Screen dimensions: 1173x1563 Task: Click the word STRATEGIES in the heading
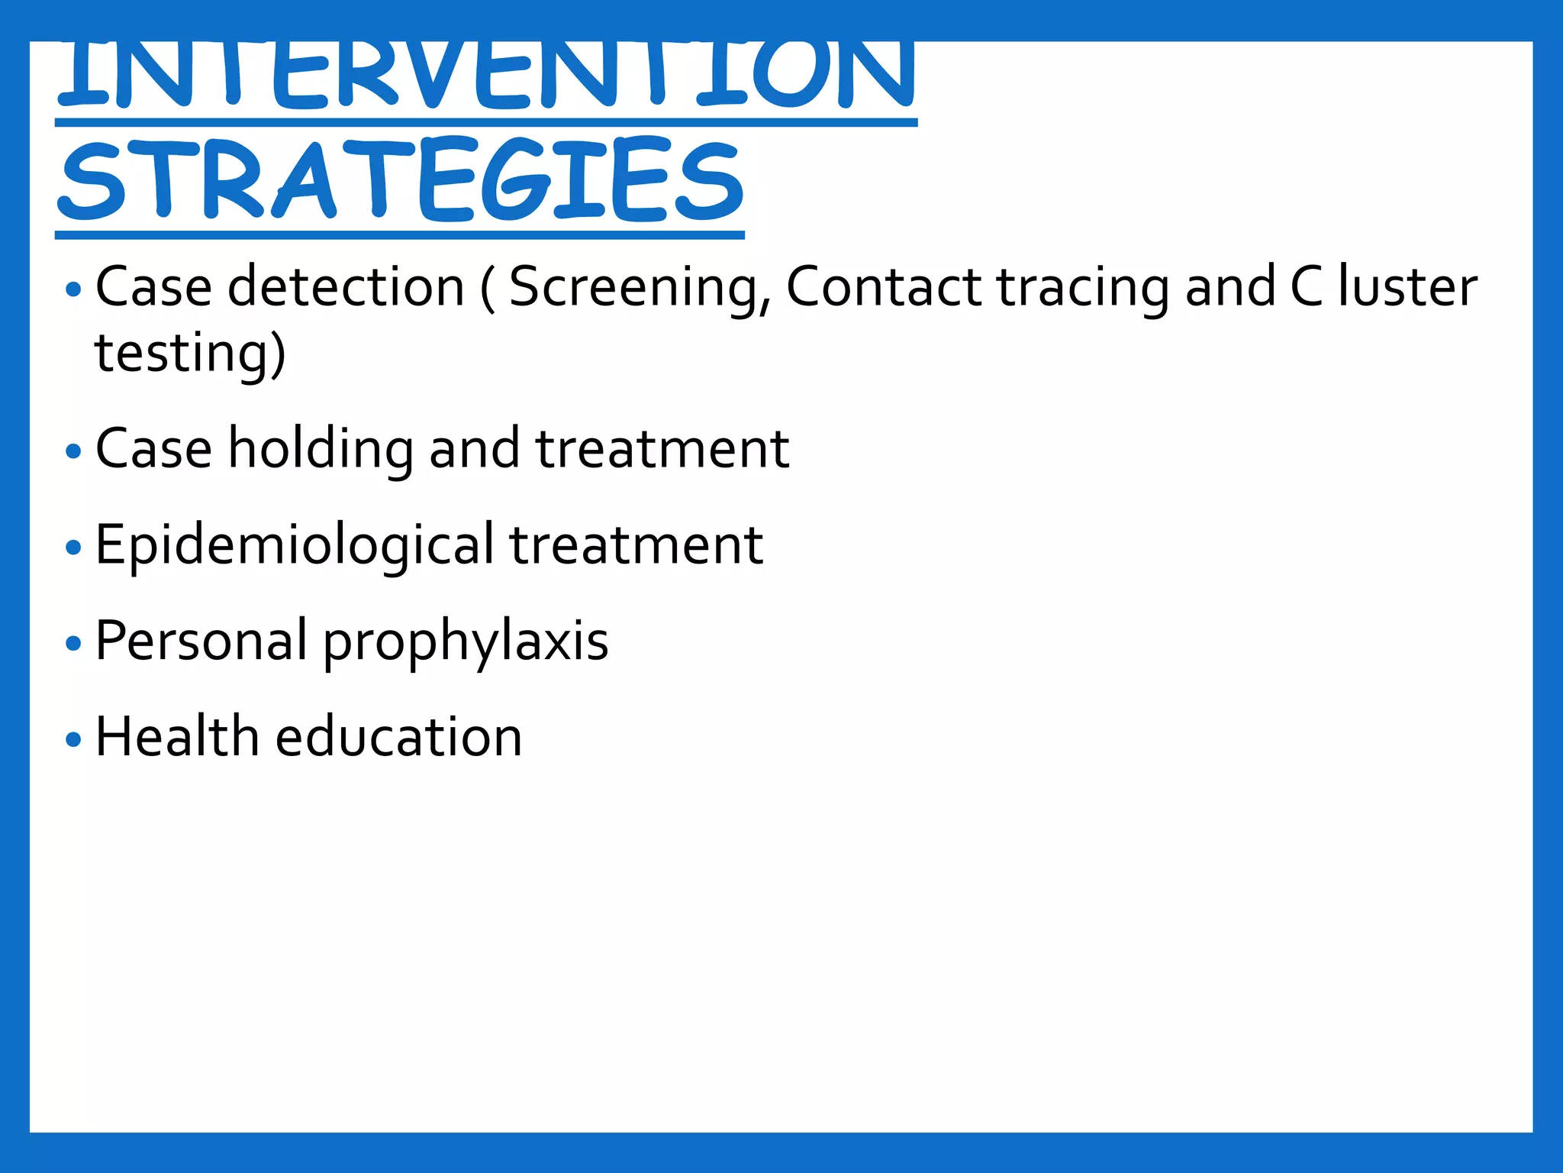pos(400,180)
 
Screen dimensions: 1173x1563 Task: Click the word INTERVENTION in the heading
pos(486,74)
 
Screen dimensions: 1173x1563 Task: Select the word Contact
pos(884,287)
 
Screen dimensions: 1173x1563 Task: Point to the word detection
pos(346,287)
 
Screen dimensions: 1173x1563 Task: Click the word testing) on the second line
pos(190,354)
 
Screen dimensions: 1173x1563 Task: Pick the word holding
pos(321,450)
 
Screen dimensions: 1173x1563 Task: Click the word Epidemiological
pos(295,546)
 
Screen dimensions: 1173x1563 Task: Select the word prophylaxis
pos(466,642)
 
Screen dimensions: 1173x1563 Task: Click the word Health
pos(177,737)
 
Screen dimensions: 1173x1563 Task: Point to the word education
pos(398,737)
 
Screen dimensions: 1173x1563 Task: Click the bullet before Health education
pos(73,738)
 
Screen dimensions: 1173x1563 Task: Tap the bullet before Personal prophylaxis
pos(73,643)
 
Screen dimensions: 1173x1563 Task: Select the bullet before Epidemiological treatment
pos(73,547)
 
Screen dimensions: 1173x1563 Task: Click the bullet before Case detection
pos(73,289)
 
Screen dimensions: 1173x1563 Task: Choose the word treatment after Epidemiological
pos(636,546)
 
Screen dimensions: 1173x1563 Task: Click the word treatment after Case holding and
pos(662,450)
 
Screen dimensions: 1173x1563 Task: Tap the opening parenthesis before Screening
pos(488,289)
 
